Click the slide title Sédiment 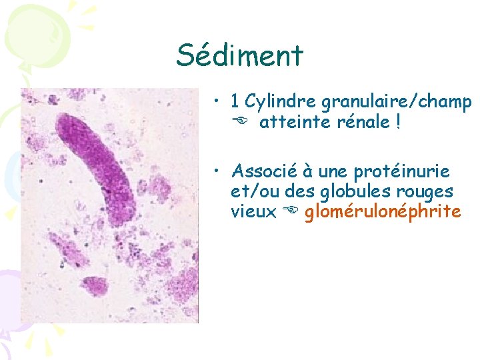[x=239, y=55]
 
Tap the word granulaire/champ [x=397, y=102]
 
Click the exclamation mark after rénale [x=398, y=123]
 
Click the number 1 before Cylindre [x=235, y=102]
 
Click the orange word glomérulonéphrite [x=382, y=213]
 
